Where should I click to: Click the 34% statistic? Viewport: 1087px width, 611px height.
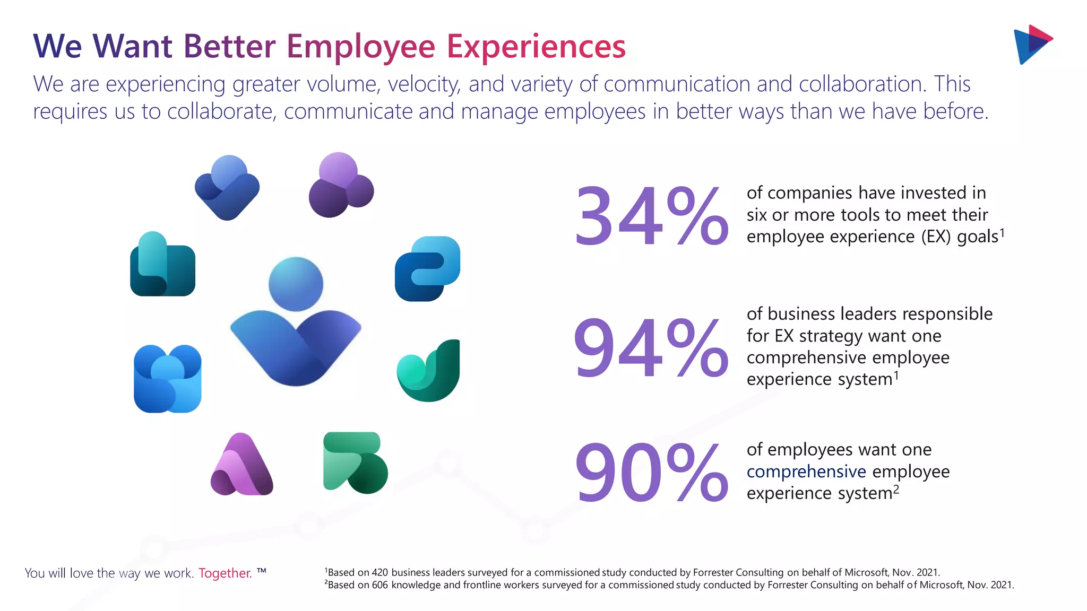[651, 216]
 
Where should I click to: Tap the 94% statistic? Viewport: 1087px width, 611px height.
[651, 348]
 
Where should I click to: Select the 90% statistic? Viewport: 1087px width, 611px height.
[651, 473]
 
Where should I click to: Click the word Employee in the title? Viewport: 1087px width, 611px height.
[361, 47]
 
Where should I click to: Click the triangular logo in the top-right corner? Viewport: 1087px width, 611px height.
[1032, 45]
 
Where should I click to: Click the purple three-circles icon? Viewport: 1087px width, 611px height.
[341, 186]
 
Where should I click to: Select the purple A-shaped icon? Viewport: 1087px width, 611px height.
[241, 466]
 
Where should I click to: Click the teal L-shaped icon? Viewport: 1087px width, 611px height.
[162, 265]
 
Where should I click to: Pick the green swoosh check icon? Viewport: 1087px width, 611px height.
[429, 371]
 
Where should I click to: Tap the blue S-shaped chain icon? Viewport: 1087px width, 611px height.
[427, 269]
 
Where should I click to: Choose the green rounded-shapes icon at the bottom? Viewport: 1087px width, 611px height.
[355, 462]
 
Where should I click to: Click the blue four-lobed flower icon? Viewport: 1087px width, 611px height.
[167, 379]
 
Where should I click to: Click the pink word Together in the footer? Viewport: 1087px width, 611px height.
[225, 573]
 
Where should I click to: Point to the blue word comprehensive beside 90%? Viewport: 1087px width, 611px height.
[806, 472]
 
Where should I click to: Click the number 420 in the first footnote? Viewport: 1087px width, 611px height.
[379, 573]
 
